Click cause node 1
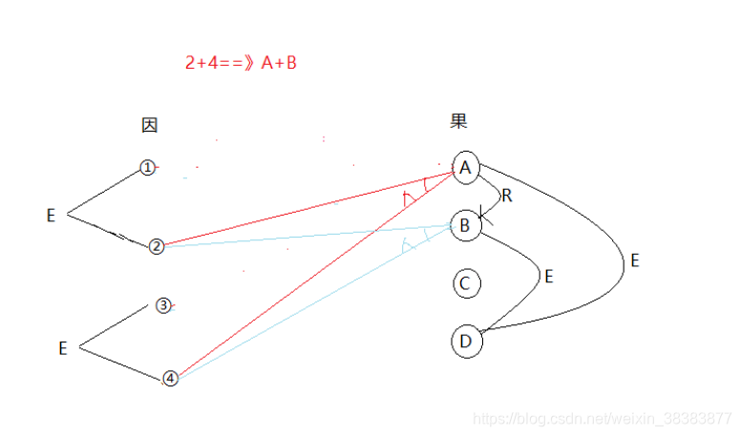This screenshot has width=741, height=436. pos(147,168)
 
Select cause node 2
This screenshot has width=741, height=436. pos(157,246)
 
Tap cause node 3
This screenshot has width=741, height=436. pos(163,306)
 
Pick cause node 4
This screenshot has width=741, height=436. pos(170,378)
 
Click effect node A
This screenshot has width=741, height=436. pos(465,168)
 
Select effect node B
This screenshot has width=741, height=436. pos(465,225)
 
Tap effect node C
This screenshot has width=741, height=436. pos(465,283)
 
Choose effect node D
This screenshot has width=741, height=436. pos(465,341)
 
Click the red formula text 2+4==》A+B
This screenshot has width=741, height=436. pos(241,63)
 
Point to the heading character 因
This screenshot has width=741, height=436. pos(149,125)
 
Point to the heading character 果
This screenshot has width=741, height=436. pos(458,121)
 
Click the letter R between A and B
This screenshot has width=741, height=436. pos(506,197)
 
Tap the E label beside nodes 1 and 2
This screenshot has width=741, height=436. pos(52,217)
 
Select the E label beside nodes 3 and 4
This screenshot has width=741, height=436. pos(63,349)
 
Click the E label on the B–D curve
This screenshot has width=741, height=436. pos(548,277)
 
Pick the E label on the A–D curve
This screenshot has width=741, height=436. pos(634,260)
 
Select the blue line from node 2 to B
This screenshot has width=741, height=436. pos(306,237)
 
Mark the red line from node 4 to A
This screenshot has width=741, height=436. pos(315,275)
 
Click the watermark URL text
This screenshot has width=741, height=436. pos(603,418)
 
